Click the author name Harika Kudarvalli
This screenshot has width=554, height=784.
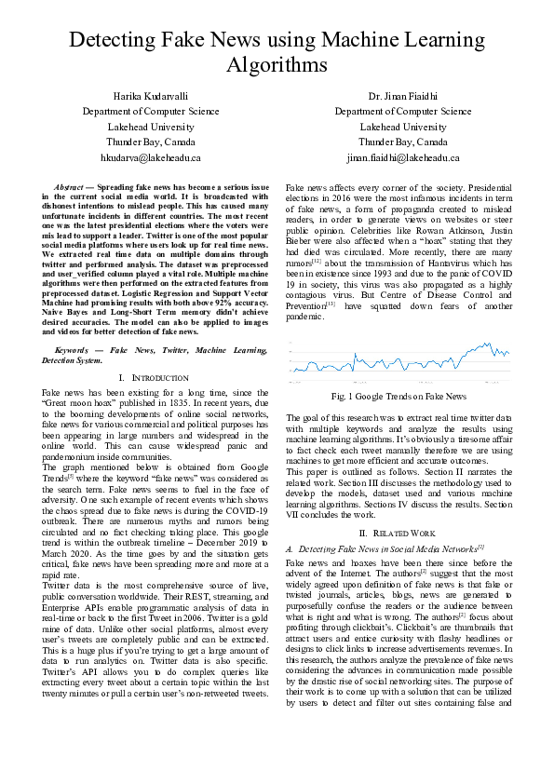[151, 96]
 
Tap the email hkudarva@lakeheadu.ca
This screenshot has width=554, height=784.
[151, 158]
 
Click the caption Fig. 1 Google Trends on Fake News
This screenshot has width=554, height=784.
[398, 396]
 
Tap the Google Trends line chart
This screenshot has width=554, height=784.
[398, 361]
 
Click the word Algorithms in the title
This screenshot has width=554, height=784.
[277, 65]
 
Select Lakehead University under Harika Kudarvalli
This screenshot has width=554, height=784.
[151, 127]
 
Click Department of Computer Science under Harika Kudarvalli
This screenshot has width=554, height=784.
[151, 111]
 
